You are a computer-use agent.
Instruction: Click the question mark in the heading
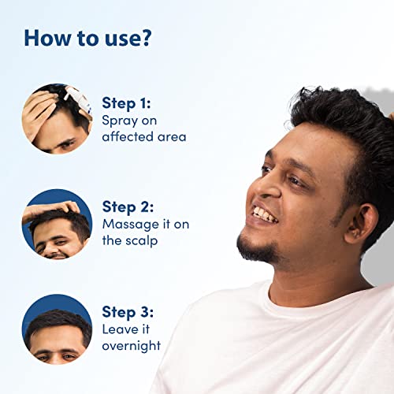point(145,38)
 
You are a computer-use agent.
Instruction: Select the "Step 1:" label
point(126,103)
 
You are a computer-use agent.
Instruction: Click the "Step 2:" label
point(128,207)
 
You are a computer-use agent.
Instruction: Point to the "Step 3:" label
point(128,312)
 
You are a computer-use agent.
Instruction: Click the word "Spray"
point(120,121)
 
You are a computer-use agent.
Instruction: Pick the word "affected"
point(128,136)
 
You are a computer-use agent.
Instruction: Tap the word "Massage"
point(131,225)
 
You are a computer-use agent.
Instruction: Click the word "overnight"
point(132,346)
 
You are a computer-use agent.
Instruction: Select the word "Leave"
point(121,329)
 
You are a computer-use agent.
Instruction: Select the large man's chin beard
point(258,247)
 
